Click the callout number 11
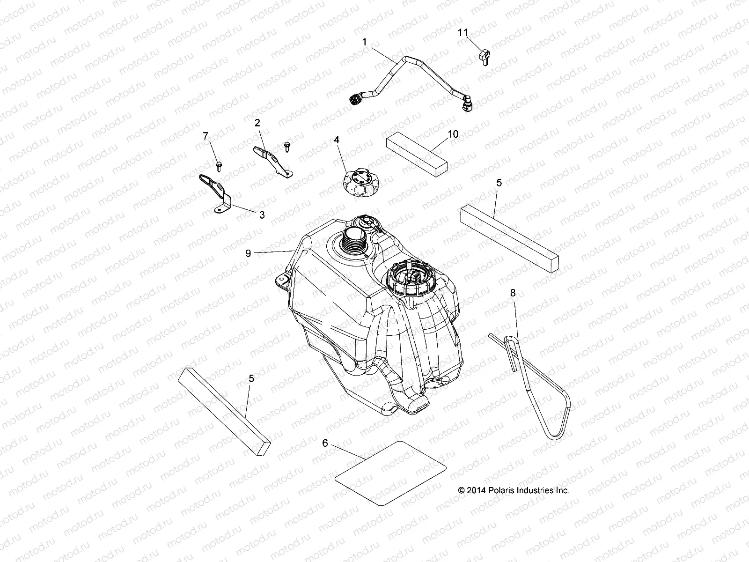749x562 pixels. pyautogui.click(x=463, y=32)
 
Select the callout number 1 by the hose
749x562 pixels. pyautogui.click(x=364, y=42)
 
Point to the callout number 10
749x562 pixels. pyautogui.click(x=453, y=134)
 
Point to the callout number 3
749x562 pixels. pyautogui.click(x=262, y=215)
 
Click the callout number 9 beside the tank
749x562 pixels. pyautogui.click(x=249, y=253)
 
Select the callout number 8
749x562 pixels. pyautogui.click(x=513, y=293)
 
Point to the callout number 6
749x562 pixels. pyautogui.click(x=325, y=442)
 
